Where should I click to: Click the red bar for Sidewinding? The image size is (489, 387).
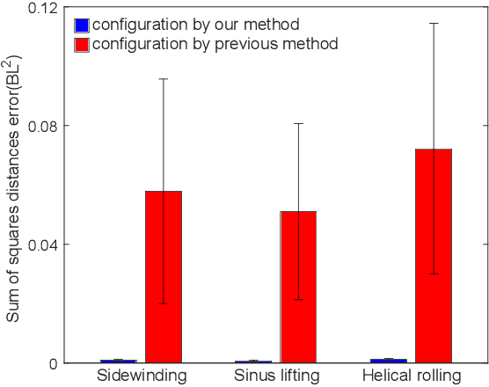[x=164, y=276]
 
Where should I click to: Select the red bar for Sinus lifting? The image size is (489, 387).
[x=298, y=287]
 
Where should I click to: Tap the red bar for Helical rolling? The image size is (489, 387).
[x=434, y=255]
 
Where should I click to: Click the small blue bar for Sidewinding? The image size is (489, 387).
[x=118, y=361]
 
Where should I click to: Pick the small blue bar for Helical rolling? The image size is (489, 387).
[x=388, y=360]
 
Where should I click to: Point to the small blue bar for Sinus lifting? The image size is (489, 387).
[x=252, y=361]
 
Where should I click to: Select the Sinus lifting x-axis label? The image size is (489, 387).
[x=275, y=376]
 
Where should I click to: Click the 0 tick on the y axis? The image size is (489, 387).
[x=55, y=363]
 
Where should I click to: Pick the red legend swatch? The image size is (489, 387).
[x=82, y=43]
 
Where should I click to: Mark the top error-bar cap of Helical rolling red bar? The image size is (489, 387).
[x=434, y=23]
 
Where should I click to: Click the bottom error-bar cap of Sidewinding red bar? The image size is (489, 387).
[x=164, y=303]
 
